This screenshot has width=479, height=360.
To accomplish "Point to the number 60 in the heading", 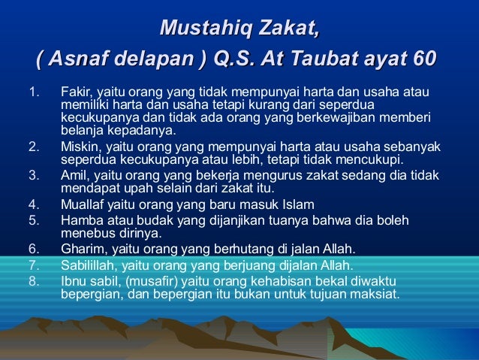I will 423,59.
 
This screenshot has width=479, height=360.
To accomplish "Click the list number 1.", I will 32,92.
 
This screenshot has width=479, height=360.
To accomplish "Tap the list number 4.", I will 32,204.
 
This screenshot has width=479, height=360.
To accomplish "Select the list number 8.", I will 32,281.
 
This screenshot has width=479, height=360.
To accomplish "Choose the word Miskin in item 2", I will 78,147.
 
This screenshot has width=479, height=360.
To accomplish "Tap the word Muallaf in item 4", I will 83,204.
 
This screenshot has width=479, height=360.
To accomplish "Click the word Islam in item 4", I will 299,204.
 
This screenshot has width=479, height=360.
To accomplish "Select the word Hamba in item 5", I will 80,219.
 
